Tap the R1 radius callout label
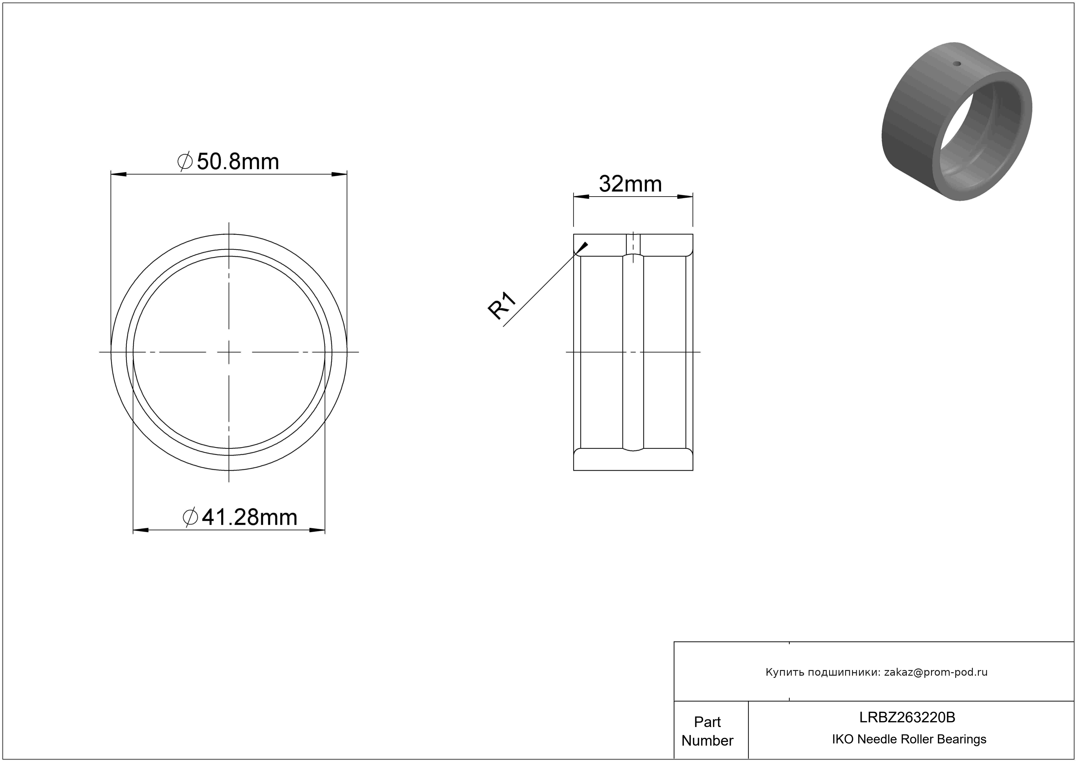pyautogui.click(x=502, y=306)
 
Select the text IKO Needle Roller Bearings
pyautogui.click(x=909, y=739)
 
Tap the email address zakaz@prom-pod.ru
pyautogui.click(x=935, y=672)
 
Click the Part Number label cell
pyautogui.click(x=707, y=730)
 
